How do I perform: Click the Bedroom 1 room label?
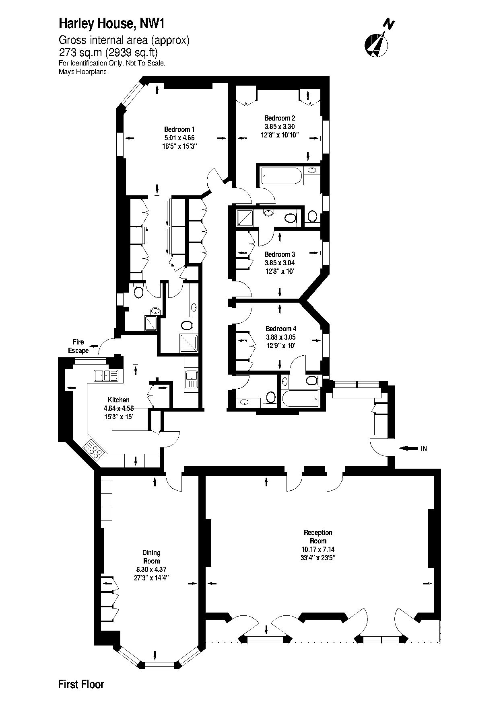[179, 129]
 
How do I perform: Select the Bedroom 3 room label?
[280, 254]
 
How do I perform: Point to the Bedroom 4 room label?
[281, 329]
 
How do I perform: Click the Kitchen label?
[119, 400]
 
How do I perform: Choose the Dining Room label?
[151, 557]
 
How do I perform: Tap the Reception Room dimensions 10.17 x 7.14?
[318, 549]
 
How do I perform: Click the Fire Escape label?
[78, 346]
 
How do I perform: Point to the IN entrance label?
[424, 449]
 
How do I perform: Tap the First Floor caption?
[81, 684]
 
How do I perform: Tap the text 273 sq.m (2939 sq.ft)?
[108, 53]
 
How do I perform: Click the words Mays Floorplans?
[82, 72]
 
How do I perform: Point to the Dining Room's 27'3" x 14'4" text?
[151, 578]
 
